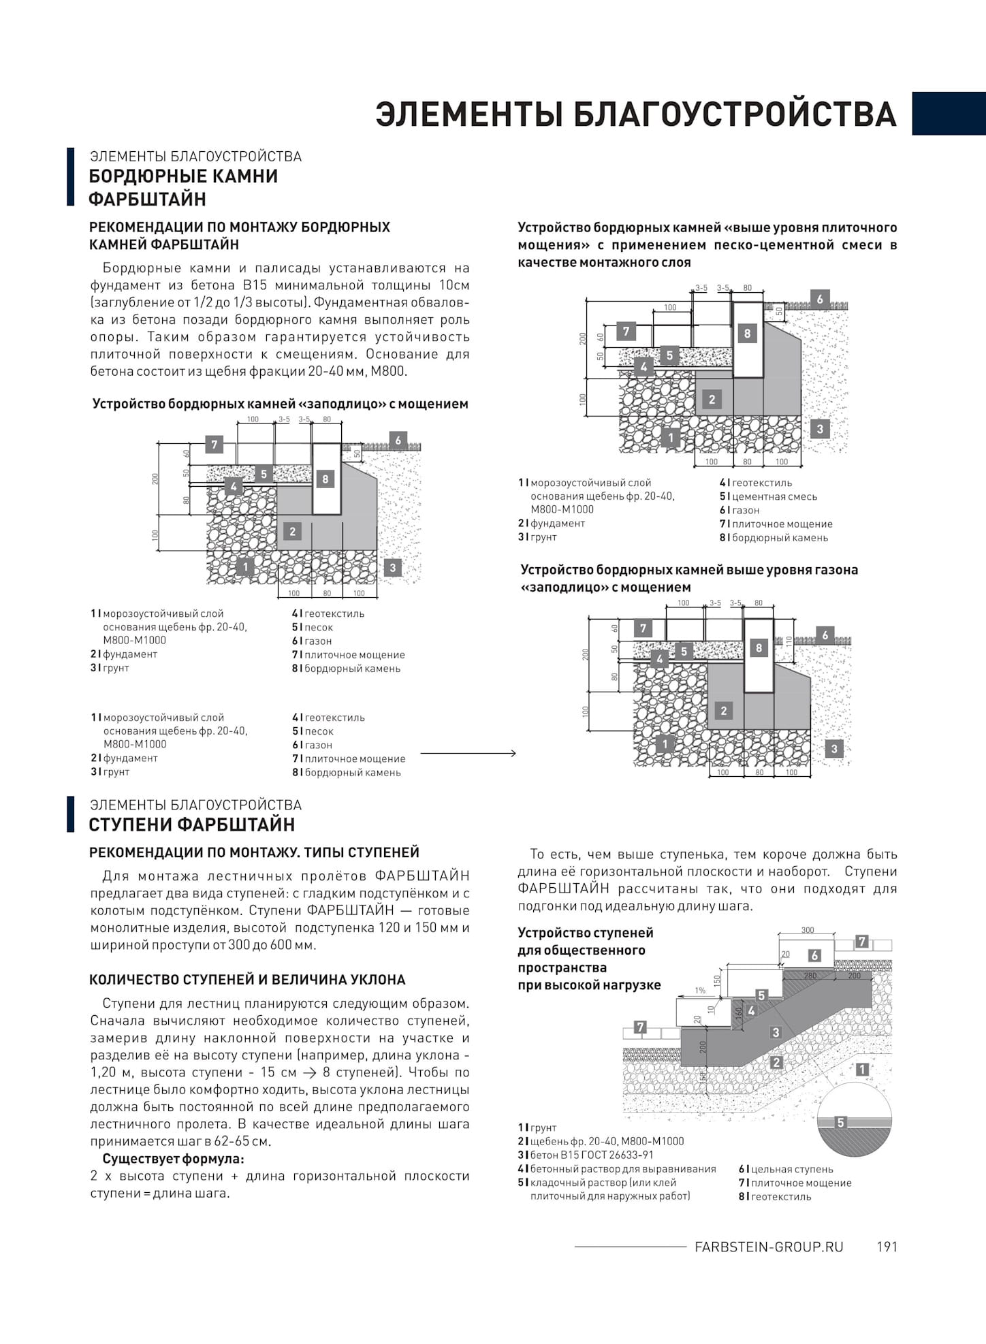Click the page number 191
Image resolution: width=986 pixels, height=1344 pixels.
point(887,1247)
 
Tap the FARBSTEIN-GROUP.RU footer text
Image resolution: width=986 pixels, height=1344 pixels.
point(769,1247)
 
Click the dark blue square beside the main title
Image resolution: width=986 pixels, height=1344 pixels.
point(949,114)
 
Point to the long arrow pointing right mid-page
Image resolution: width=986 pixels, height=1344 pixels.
point(468,753)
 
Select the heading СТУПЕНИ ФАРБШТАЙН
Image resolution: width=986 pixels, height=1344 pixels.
point(192,825)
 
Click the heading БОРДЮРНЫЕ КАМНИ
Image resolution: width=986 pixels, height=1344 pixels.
point(184,176)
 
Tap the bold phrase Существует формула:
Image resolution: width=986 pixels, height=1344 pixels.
point(173,1159)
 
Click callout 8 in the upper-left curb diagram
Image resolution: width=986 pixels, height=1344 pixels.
point(325,479)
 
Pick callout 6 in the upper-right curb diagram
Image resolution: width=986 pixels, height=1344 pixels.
point(820,299)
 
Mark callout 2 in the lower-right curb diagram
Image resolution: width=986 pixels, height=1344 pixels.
point(723,711)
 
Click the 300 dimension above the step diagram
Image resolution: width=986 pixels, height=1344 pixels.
point(808,930)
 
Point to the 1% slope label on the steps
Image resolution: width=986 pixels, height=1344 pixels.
point(700,991)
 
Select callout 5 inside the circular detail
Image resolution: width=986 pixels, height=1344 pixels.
point(840,1123)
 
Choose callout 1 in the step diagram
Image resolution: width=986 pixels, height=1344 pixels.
point(862,1070)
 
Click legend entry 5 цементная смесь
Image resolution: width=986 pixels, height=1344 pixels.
point(769,496)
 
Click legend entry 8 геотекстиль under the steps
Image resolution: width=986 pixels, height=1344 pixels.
point(775,1196)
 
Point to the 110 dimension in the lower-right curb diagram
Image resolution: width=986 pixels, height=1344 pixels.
point(789,641)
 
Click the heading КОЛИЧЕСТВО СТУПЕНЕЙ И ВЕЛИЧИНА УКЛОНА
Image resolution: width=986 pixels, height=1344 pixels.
point(247,980)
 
